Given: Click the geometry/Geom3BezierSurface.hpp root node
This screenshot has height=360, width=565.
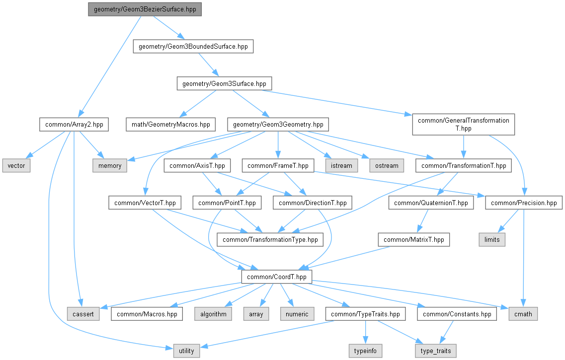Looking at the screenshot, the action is [x=145, y=9].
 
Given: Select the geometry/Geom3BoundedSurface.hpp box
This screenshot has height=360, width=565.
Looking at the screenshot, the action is [x=193, y=47].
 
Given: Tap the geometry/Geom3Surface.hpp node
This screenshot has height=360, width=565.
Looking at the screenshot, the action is [x=224, y=83].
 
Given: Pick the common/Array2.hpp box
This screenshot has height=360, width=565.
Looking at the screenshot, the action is [x=74, y=125].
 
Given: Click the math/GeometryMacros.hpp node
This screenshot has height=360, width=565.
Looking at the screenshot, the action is [x=171, y=125].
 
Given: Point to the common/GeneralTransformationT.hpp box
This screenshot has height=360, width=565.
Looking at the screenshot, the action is [x=464, y=125].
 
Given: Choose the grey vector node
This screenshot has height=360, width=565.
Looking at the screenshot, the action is [x=16, y=166].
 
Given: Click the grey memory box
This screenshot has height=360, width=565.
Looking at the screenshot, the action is [x=110, y=166].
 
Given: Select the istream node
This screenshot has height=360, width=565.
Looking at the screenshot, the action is [x=341, y=166].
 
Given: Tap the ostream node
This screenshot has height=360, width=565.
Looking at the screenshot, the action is [x=387, y=166].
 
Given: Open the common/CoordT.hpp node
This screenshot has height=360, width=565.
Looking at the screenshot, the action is [x=277, y=277].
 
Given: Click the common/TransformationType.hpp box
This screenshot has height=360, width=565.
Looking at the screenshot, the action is [x=270, y=240].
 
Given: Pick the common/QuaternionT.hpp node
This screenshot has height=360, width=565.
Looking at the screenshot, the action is [x=431, y=203].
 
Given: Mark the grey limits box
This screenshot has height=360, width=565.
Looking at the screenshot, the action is [x=492, y=240].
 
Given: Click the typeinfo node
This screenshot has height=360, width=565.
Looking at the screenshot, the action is [x=365, y=351].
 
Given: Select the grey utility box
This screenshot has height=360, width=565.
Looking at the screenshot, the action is [x=186, y=351].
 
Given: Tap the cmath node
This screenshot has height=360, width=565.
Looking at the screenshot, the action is [x=523, y=314].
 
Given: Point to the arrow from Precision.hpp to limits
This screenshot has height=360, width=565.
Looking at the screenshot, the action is [x=508, y=221].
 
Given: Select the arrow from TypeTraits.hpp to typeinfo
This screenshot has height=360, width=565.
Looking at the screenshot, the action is [x=365, y=332].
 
